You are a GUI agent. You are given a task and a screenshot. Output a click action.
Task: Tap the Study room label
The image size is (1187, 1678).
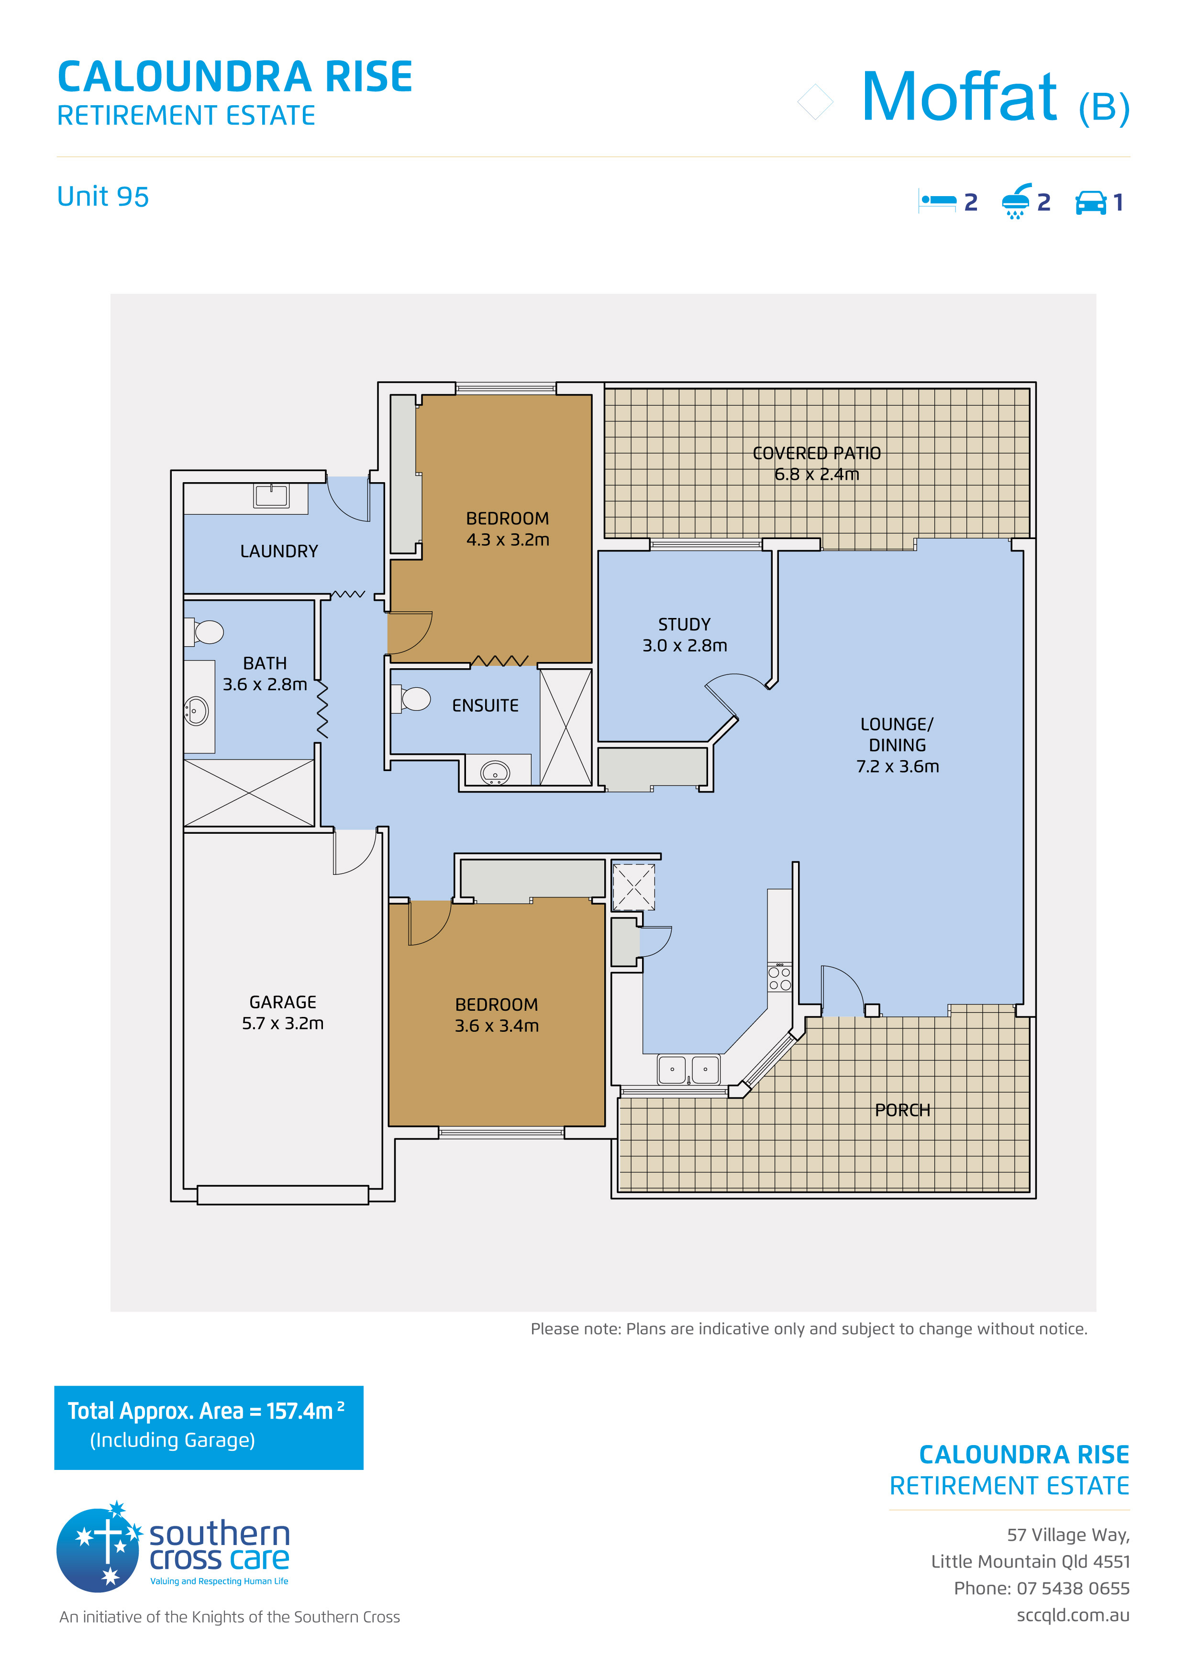pyautogui.click(x=684, y=634)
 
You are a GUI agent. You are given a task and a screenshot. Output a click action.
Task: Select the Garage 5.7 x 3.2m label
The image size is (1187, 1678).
pyautogui.click(x=282, y=1012)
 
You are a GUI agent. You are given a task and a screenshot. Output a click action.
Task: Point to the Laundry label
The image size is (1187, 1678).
pyautogui.click(x=279, y=551)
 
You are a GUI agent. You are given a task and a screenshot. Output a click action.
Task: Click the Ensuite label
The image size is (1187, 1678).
pyautogui.click(x=485, y=705)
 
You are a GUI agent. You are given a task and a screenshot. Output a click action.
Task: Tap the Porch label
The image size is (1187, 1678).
pyautogui.click(x=903, y=1110)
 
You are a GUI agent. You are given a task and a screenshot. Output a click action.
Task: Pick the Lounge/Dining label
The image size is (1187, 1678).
pyautogui.click(x=898, y=745)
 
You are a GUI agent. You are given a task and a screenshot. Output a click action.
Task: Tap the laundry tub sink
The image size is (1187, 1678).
pyautogui.click(x=271, y=496)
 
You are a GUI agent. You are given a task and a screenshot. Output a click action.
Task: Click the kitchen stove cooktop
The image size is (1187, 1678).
pyautogui.click(x=780, y=978)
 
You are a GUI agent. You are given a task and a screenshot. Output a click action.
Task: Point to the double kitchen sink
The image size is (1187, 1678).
pyautogui.click(x=688, y=1069)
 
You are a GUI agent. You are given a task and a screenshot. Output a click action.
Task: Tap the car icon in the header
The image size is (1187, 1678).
pyautogui.click(x=1090, y=202)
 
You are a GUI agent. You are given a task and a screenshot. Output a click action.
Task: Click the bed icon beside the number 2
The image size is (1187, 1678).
pyautogui.click(x=938, y=201)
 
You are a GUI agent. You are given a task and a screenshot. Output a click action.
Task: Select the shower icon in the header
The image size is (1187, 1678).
pyautogui.click(x=1017, y=201)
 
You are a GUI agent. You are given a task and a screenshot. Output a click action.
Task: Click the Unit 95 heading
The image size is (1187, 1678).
pyautogui.click(x=103, y=197)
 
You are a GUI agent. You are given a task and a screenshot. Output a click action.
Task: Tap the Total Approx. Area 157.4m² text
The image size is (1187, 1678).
pyautogui.click(x=206, y=1411)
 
